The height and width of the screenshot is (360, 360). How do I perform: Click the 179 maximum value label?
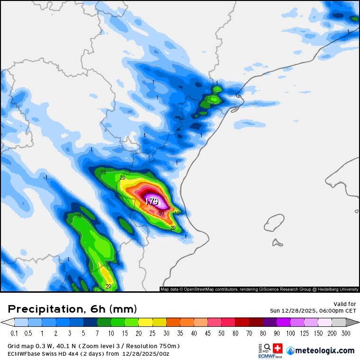click(152, 201)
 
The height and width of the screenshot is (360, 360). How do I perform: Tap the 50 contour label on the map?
click(162, 214)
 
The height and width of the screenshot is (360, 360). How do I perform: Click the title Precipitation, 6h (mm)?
click(72, 309)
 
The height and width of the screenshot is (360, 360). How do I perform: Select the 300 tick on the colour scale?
click(346, 333)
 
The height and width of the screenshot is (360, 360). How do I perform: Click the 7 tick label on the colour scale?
click(98, 333)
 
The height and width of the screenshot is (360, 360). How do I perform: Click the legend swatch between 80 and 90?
click(270, 322)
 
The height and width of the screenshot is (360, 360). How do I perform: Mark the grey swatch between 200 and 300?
click(339, 322)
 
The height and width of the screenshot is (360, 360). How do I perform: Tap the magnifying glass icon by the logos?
click(268, 347)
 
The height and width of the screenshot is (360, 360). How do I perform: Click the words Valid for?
click(345, 304)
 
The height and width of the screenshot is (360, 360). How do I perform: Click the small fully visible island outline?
click(274, 222)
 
